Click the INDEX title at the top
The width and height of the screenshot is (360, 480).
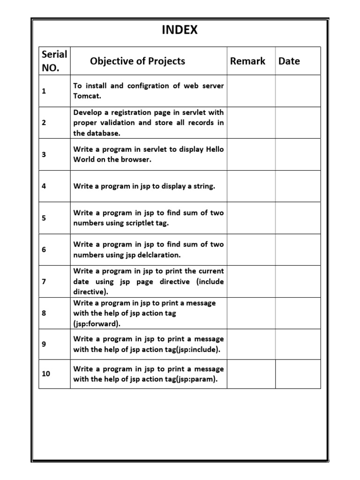pos(180,30)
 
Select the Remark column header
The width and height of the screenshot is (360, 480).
pos(247,61)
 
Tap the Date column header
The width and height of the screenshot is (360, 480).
pos(289,61)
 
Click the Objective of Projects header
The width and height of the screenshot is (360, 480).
pos(137,61)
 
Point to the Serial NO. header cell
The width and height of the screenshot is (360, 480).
pos(54,61)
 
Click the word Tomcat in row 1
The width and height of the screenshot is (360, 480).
pos(87,96)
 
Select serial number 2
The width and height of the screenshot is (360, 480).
pos(44,123)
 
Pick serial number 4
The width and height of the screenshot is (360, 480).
pos(44,186)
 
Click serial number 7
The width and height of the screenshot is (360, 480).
pos(44,282)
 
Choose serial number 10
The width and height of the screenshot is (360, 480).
pos(46,374)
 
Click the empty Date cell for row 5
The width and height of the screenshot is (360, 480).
pos(298,218)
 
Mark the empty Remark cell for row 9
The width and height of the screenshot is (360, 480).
pos(251,344)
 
